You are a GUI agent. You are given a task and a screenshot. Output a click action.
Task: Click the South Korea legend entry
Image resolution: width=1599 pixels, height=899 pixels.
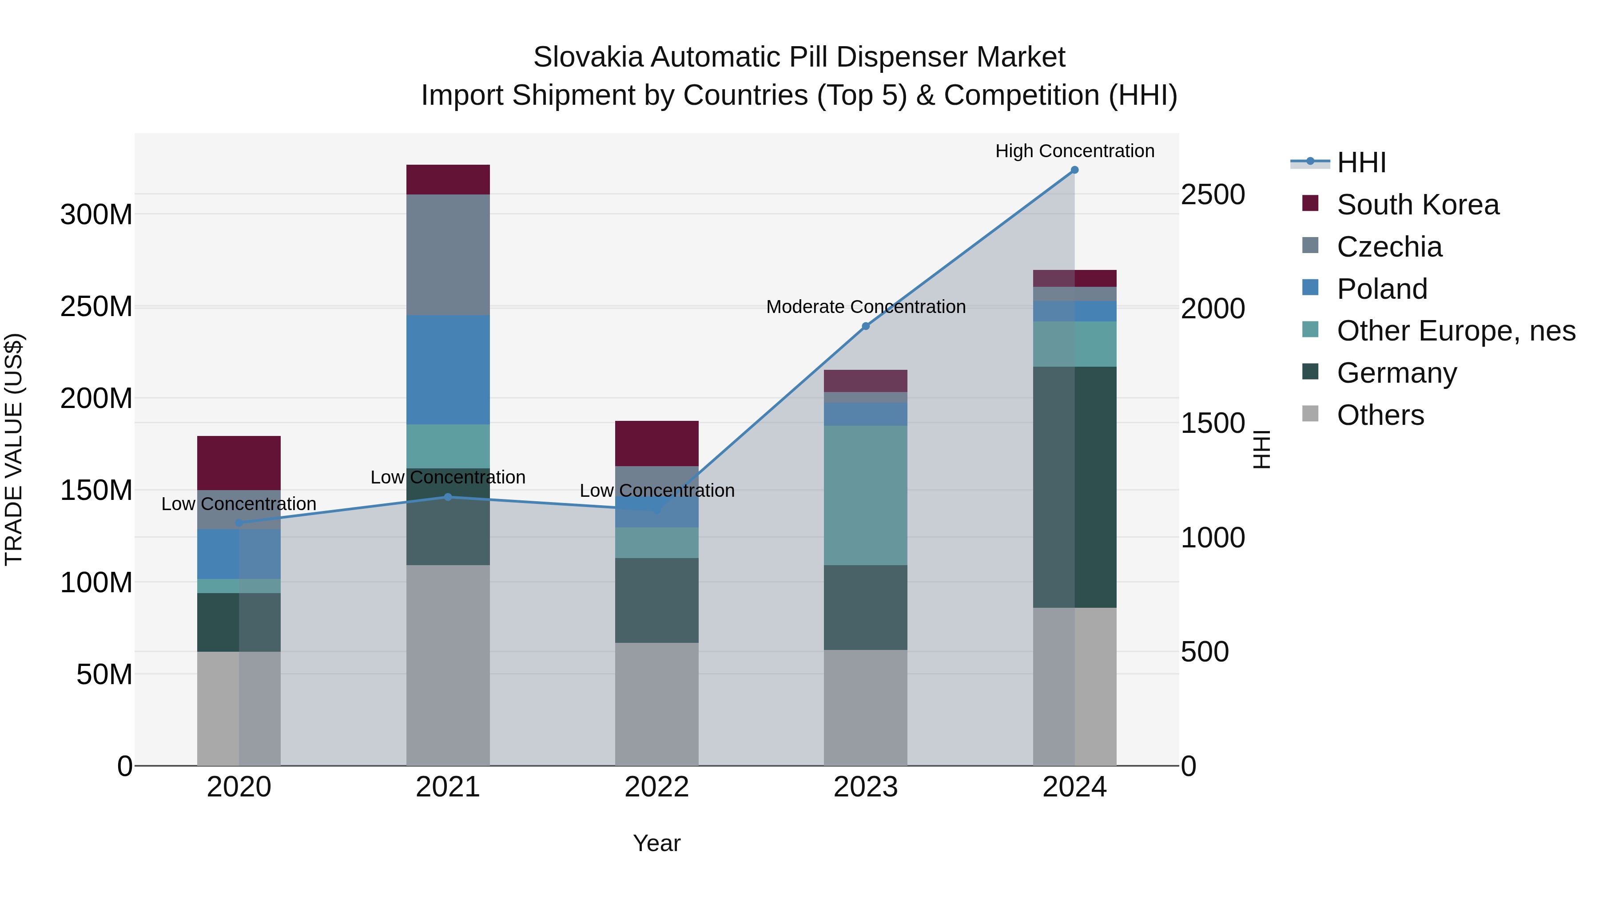(x=1417, y=205)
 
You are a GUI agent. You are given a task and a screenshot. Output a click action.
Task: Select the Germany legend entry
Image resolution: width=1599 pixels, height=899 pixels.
(x=1396, y=373)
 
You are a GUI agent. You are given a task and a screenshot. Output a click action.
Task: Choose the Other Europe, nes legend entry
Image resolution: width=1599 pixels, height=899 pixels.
(x=1456, y=331)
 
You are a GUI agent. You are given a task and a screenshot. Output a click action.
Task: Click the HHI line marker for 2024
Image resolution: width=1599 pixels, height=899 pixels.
(x=1074, y=170)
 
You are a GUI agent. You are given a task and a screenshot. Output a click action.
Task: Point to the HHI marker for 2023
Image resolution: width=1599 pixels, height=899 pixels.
(x=866, y=326)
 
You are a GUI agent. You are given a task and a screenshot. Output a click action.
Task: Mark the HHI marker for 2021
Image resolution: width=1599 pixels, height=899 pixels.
(x=448, y=497)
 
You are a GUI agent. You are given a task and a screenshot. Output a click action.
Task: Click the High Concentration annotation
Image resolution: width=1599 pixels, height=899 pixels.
(x=1074, y=151)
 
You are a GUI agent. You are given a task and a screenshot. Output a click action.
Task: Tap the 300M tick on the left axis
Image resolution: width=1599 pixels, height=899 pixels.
(x=96, y=215)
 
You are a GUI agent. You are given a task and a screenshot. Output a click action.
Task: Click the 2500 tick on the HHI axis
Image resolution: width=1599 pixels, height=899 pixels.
(x=1212, y=195)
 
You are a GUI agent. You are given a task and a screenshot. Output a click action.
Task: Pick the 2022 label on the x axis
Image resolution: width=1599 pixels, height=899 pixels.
(x=657, y=787)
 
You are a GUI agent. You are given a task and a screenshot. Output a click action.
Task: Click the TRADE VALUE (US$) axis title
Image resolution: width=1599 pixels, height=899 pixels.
(x=14, y=449)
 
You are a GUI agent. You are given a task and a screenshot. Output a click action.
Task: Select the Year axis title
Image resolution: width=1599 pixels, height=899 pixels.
(x=657, y=843)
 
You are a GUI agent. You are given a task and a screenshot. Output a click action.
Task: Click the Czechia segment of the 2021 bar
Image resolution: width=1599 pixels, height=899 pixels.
(x=448, y=254)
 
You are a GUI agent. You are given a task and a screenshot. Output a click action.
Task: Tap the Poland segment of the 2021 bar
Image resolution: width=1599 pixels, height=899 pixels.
(x=448, y=370)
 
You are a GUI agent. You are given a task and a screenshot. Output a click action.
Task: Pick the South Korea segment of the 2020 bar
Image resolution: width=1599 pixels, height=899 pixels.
(x=239, y=463)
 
